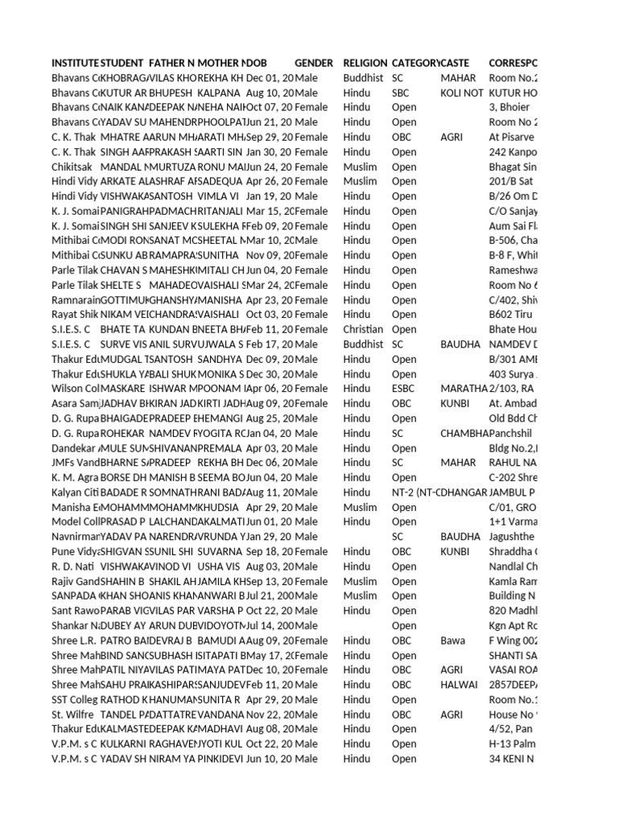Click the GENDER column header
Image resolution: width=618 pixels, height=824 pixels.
click(314, 63)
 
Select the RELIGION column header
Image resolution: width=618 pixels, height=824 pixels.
click(365, 63)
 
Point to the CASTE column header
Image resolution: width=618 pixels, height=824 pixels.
click(455, 63)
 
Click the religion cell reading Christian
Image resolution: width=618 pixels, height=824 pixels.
click(364, 329)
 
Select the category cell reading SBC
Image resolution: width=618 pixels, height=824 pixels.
click(401, 93)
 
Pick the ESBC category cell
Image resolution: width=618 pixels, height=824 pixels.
click(404, 389)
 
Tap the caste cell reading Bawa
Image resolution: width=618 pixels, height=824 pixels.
click(453, 641)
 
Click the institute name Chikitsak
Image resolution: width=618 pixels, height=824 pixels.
click(73, 167)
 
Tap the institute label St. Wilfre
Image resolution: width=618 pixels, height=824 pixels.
click(74, 715)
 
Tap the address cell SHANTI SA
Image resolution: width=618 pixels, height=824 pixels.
click(513, 655)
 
